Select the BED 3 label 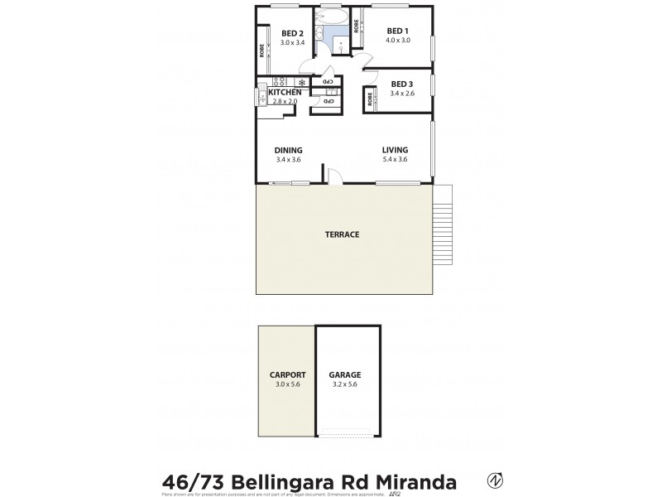pyautogui.click(x=401, y=84)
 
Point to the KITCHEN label pyautogui.click(x=285, y=92)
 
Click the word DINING pyautogui.click(x=288, y=150)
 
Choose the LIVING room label pyautogui.click(x=395, y=150)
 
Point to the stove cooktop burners pyautogui.click(x=279, y=82)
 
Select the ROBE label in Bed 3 pyautogui.click(x=369, y=101)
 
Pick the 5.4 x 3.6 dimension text pyautogui.click(x=395, y=159)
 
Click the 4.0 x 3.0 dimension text pyautogui.click(x=398, y=41)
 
